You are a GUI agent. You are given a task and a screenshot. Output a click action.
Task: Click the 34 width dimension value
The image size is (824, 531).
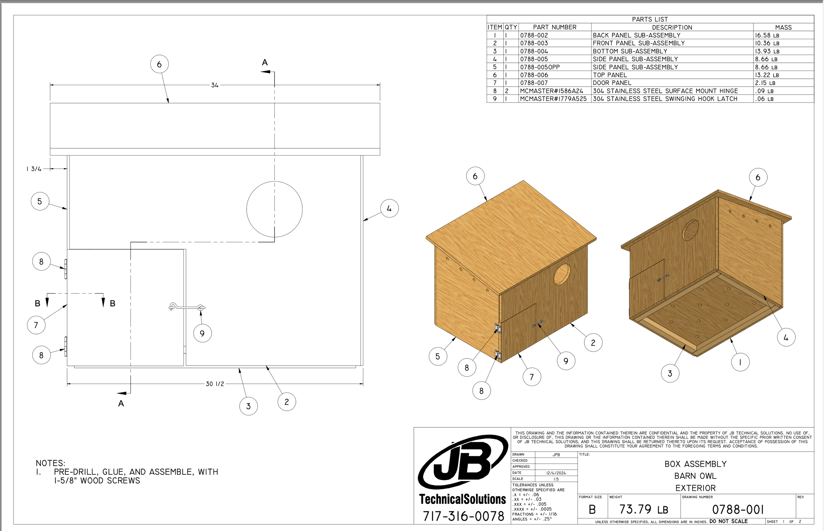(x=215, y=85)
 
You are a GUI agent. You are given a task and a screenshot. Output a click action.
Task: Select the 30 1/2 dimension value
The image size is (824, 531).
(x=215, y=384)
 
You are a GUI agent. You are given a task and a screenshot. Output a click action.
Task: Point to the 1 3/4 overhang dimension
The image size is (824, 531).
(x=34, y=169)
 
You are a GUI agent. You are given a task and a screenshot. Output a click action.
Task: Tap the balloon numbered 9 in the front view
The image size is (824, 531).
(x=202, y=333)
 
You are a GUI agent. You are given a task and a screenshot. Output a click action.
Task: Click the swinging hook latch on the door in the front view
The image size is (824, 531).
(x=187, y=307)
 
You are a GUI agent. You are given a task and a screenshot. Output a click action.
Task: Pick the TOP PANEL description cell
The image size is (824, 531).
(x=610, y=75)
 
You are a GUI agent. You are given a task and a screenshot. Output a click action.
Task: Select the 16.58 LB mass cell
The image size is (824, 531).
(x=766, y=36)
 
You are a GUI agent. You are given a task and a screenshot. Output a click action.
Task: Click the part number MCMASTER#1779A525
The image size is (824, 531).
(x=553, y=99)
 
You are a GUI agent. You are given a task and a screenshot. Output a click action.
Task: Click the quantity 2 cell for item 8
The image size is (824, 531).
(x=507, y=91)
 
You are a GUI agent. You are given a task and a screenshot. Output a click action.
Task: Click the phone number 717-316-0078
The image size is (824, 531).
(x=463, y=516)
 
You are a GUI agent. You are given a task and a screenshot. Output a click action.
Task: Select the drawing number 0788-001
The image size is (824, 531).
(x=738, y=509)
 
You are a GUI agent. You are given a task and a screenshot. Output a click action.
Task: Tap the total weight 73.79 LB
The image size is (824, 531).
(x=644, y=509)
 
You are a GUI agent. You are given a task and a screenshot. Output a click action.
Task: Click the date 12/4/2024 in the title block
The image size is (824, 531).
(x=556, y=473)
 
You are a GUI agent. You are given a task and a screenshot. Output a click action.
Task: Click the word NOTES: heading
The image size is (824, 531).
(x=50, y=463)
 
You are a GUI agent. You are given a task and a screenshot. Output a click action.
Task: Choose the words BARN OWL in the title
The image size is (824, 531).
(x=695, y=476)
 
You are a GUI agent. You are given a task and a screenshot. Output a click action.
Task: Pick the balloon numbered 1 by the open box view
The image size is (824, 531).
(x=740, y=362)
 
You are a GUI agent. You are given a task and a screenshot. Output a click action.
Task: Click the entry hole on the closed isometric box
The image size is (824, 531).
(x=562, y=274)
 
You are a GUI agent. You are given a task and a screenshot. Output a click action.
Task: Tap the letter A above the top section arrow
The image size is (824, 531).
(x=265, y=62)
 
